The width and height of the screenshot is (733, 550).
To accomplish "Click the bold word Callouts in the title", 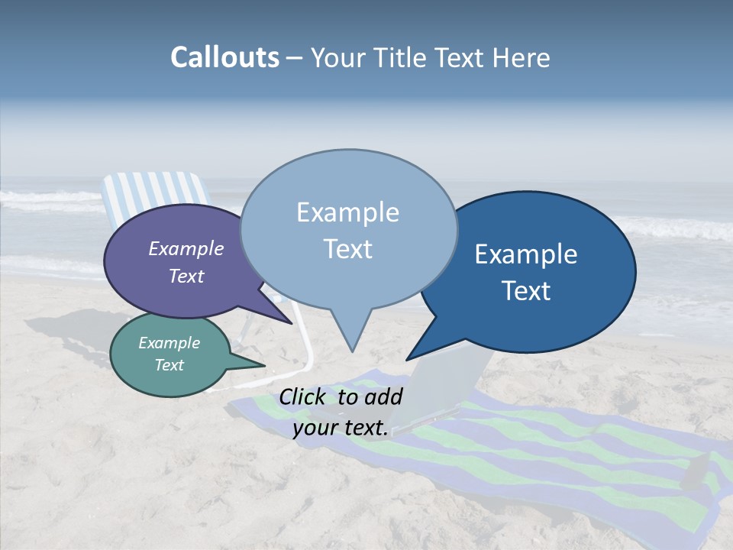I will click(x=224, y=57).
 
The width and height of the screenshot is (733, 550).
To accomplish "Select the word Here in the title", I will click(x=521, y=58).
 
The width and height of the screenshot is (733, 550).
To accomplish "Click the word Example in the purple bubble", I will click(x=186, y=249).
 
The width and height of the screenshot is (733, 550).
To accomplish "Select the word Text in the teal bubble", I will click(x=170, y=365).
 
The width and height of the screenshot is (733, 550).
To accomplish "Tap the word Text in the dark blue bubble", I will click(x=527, y=291).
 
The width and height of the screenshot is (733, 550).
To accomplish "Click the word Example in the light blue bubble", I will click(x=347, y=212).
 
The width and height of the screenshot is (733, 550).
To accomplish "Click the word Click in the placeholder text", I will click(x=303, y=397).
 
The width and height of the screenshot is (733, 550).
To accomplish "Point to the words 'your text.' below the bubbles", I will click(x=341, y=429).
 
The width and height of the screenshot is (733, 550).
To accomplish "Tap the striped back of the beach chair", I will click(x=152, y=190).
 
